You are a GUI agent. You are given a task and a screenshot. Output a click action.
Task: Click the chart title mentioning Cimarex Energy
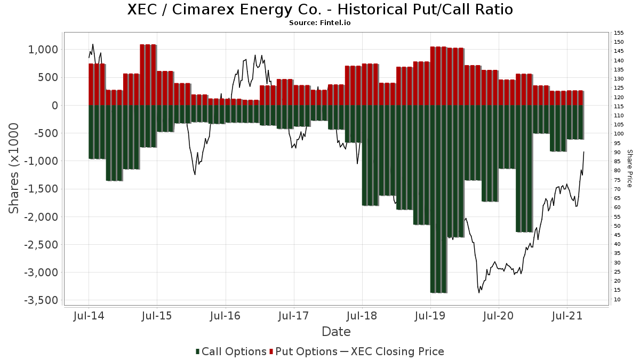coord(320,10)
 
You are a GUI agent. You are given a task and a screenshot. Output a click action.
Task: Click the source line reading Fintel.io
coord(320,23)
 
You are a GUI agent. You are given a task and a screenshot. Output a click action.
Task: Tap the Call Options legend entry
coord(231,351)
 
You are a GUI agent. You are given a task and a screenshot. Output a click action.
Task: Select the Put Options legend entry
coord(303,351)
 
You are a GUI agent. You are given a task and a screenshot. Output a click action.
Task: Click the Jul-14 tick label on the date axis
coord(89,316)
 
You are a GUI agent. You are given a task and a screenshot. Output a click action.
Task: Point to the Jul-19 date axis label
coord(430,316)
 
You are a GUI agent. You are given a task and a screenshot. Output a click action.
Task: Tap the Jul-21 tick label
coord(567,316)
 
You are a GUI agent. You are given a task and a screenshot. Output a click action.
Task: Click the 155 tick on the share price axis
coord(619,33)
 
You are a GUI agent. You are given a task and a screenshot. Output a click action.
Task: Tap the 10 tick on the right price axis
coord(617,299)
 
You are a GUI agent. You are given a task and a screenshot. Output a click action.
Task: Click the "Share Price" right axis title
coord(630,168)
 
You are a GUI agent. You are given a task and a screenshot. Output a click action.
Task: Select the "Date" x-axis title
coord(336,332)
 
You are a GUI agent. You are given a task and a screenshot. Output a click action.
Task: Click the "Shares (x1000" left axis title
coord(14,168)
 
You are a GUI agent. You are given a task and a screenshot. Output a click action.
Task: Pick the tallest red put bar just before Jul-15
coord(148,75)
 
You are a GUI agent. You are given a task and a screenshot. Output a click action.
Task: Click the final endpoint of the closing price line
coord(584,152)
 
